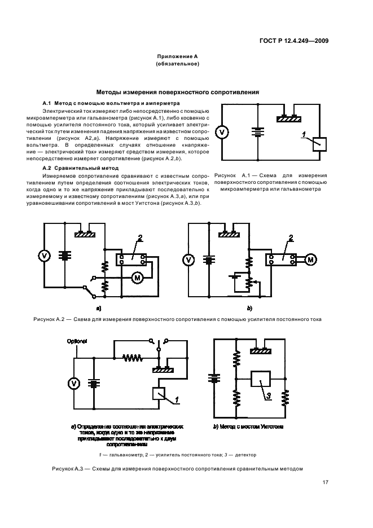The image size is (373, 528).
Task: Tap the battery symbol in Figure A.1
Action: point(257,133)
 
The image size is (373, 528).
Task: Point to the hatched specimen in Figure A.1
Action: point(290,119)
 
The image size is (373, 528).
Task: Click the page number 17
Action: point(326,482)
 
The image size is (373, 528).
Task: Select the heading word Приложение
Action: point(173,57)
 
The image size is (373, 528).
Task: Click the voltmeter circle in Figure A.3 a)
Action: point(73,384)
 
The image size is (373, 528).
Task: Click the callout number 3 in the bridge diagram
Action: point(269,396)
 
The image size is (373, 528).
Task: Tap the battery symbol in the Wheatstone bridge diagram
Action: point(214,379)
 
